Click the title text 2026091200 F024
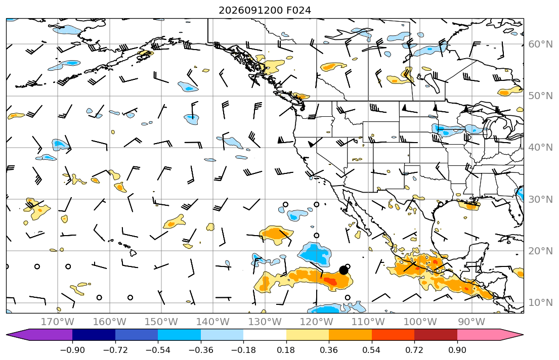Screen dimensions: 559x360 pyautogui.click(x=265, y=10)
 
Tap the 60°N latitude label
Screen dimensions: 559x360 pyautogui.click(x=540, y=44)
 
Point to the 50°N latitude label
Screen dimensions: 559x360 pyautogui.click(x=540, y=96)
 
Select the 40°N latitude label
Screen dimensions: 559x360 pyautogui.click(x=540, y=148)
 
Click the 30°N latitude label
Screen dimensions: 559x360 pyautogui.click(x=540, y=199)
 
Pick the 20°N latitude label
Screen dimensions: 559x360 pyautogui.click(x=540, y=251)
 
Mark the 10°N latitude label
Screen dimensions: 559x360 pyautogui.click(x=540, y=303)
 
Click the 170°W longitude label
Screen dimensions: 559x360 pyautogui.click(x=58, y=322)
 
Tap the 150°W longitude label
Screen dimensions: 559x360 pyautogui.click(x=161, y=322)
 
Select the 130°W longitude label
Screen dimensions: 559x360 pyautogui.click(x=265, y=322)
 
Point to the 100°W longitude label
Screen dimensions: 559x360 pyautogui.click(x=420, y=322)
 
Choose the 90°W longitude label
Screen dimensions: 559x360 pyautogui.click(x=471, y=322)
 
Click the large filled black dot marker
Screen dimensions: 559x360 pyautogui.click(x=343, y=270)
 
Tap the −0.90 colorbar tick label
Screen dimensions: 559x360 pyautogui.click(x=72, y=350)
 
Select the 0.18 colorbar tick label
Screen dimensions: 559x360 pyautogui.click(x=286, y=350)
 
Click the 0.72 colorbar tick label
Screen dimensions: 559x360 pyautogui.click(x=414, y=350)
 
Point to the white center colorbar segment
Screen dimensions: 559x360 pyautogui.click(x=265, y=335)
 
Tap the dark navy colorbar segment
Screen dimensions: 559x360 pyautogui.click(x=94, y=335)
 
